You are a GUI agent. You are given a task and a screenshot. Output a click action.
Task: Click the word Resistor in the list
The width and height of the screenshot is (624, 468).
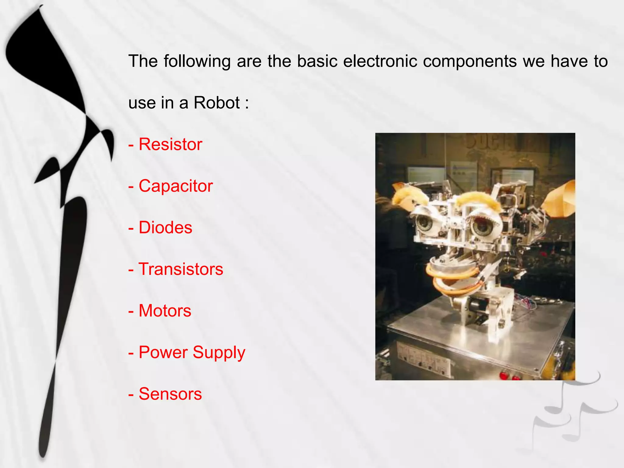click(x=170, y=144)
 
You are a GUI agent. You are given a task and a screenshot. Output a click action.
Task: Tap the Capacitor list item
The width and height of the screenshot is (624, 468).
click(x=175, y=186)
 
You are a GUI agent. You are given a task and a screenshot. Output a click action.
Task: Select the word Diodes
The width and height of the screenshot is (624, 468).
click(x=165, y=228)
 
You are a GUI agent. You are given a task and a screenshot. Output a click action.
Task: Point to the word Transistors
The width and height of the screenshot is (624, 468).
click(x=181, y=269)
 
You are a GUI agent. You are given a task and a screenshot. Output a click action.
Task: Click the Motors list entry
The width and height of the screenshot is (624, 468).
click(x=165, y=311)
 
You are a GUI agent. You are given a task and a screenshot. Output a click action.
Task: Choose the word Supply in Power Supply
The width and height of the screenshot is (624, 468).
click(x=219, y=353)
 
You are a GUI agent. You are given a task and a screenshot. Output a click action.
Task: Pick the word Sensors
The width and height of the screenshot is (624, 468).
click(x=170, y=394)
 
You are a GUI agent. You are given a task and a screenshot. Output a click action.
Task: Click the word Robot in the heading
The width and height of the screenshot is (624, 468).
click(x=217, y=103)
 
